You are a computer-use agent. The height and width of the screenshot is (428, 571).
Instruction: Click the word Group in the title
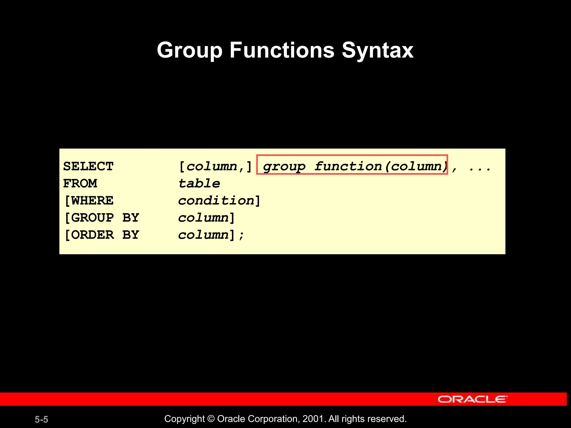point(189,50)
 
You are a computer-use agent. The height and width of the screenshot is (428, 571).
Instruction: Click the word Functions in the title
point(282,50)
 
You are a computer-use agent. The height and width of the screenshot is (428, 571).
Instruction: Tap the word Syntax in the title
point(378,50)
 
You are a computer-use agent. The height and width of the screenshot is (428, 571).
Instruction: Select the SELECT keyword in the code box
point(88,166)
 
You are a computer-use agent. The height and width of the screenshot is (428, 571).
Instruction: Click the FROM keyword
point(80,184)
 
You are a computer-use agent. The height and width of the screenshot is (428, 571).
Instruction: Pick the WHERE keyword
point(92,201)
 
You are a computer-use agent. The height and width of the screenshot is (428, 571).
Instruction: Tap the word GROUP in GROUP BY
point(92,218)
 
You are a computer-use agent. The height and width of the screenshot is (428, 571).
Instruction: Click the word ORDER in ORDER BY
point(92,235)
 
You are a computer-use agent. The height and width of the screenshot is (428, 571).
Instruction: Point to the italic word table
point(199,184)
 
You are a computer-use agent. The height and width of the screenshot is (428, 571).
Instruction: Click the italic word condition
point(216,201)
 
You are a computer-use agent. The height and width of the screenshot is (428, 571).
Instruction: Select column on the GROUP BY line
point(204,218)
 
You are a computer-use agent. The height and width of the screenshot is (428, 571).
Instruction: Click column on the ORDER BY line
point(204,235)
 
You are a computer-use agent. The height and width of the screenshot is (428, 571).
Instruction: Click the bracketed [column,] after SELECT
point(215,167)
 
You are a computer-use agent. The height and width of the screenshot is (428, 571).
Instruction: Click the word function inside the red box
point(348,166)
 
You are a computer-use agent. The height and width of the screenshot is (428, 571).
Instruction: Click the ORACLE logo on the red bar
point(472,399)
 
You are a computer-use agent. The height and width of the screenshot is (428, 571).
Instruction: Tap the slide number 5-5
point(41,419)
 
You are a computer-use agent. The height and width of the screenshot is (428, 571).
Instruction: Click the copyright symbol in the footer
point(211,419)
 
